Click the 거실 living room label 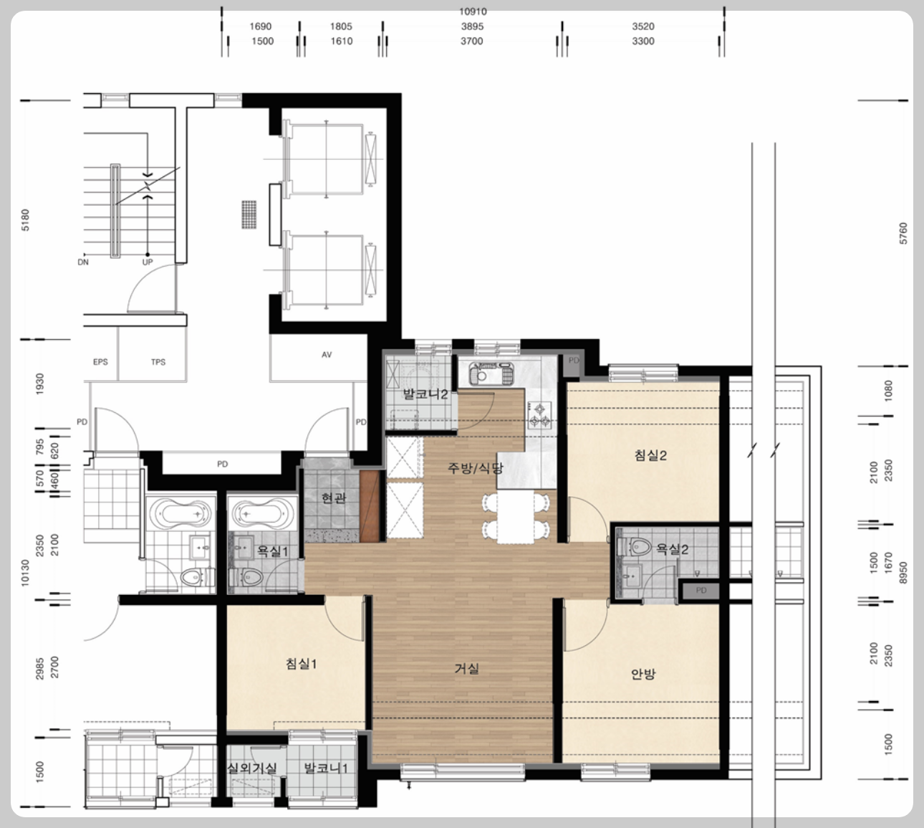466,669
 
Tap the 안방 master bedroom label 643,674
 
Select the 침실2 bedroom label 650,455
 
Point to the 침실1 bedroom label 301,664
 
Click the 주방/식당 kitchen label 476,468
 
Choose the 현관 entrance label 334,498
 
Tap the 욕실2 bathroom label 672,548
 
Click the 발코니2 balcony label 425,394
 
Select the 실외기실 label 251,768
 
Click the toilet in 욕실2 635,546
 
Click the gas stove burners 540,415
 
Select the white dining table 515,517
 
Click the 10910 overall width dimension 473,11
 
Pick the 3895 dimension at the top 472,27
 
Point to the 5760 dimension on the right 903,233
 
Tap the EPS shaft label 100,362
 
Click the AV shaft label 327,355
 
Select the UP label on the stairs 148,262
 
